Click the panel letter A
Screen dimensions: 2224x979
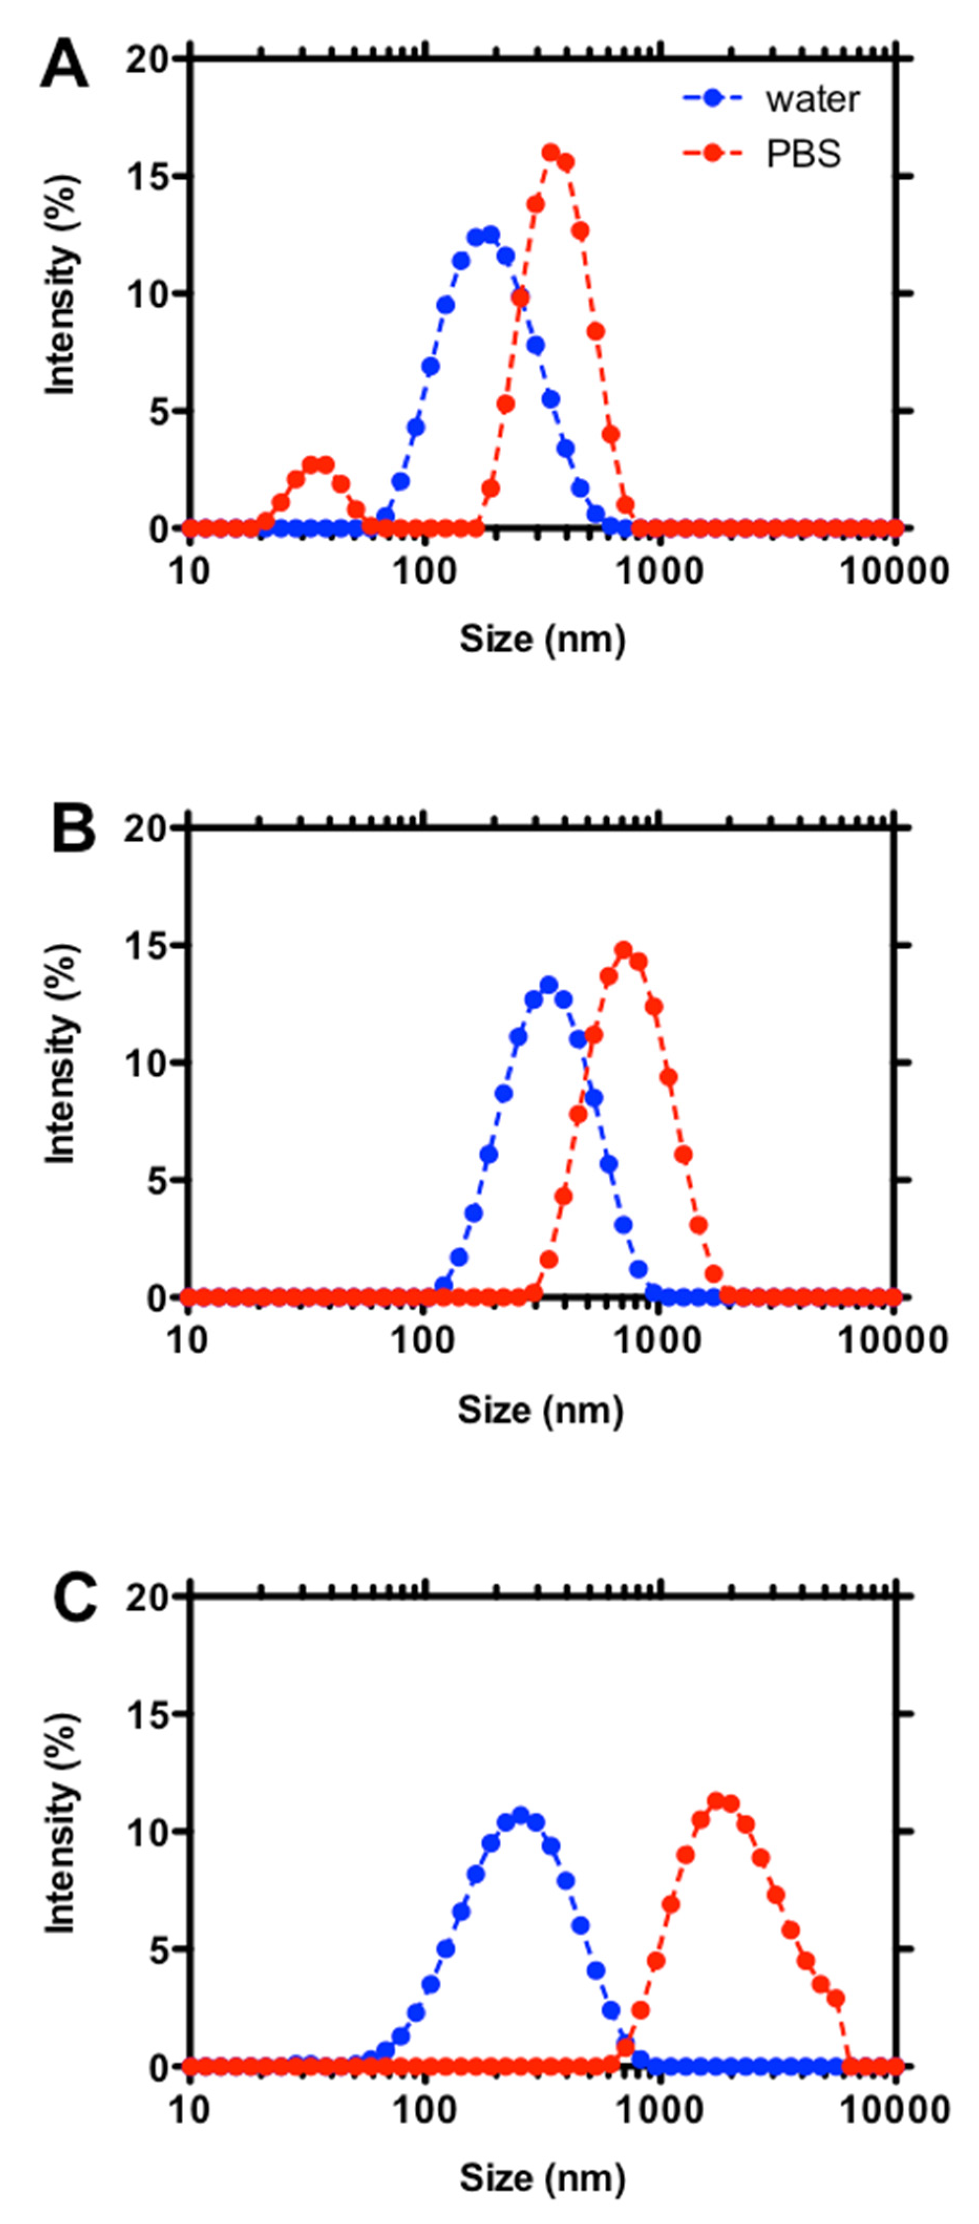[x=64, y=67]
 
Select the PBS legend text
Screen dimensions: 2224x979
[x=803, y=155]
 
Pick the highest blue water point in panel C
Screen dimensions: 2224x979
[x=520, y=1815]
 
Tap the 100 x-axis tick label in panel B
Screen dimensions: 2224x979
[x=423, y=1341]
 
